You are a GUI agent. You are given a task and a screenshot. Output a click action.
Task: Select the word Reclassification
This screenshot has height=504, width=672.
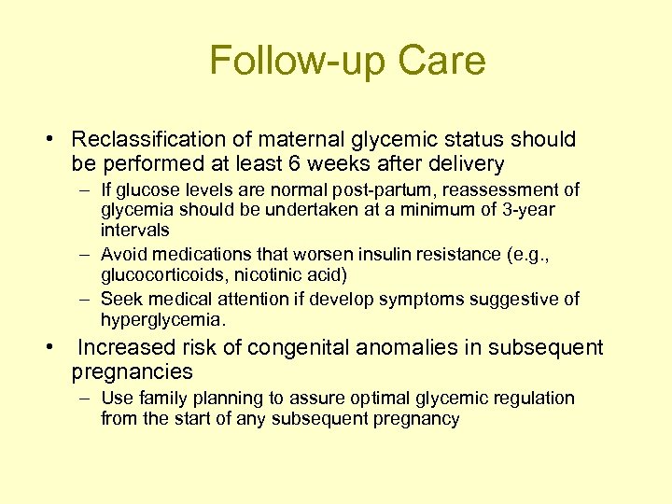click(148, 140)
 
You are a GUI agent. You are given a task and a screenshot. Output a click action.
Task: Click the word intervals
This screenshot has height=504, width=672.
click(135, 230)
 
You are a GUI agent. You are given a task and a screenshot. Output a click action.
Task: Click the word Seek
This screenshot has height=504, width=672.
click(122, 299)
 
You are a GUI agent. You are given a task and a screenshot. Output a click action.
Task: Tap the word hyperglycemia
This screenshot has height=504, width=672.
click(161, 319)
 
